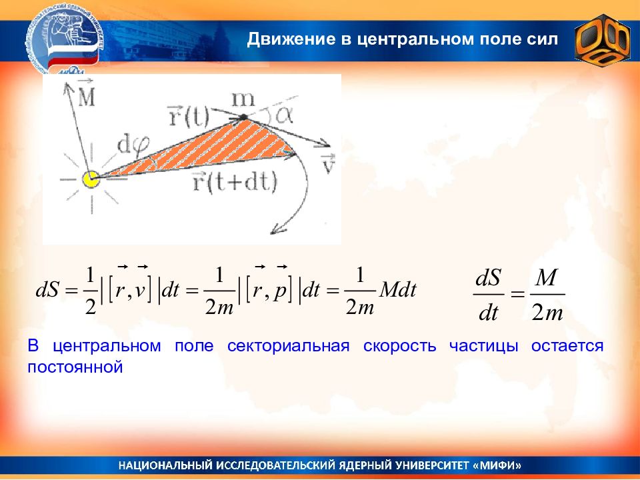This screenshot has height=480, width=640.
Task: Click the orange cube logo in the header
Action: [x=603, y=40]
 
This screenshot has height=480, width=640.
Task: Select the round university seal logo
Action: [x=65, y=43]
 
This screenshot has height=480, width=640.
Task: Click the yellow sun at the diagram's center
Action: [x=91, y=179]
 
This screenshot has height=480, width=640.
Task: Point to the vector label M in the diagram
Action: [x=86, y=94]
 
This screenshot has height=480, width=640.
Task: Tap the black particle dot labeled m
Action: [x=243, y=117]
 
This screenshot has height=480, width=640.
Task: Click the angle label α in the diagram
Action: [x=284, y=115]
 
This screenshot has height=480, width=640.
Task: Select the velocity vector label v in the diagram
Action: [x=328, y=164]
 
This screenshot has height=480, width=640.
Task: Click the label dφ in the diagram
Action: [x=133, y=146]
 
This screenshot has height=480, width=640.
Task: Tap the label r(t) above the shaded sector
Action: [x=188, y=116]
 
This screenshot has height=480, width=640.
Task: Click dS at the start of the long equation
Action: [x=48, y=291]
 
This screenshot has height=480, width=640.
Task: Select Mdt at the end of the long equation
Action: [x=398, y=291]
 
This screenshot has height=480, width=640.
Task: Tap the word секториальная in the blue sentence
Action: [x=288, y=346]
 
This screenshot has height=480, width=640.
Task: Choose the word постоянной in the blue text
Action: [x=75, y=367]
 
